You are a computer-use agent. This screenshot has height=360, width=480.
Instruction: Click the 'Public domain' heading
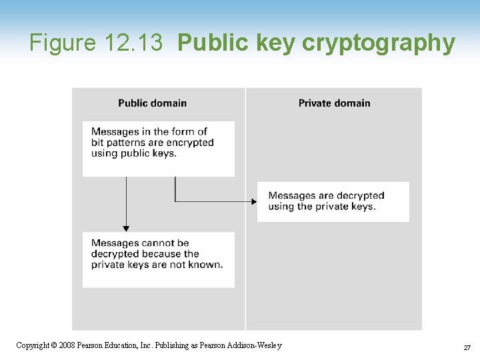click(152, 103)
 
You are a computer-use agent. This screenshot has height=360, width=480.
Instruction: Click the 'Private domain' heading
click(334, 103)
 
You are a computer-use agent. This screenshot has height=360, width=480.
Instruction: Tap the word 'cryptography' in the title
click(379, 43)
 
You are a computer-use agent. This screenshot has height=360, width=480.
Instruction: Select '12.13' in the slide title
click(133, 43)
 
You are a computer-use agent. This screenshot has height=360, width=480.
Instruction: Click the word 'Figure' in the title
click(63, 43)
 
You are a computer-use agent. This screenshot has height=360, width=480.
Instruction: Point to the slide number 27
click(466, 347)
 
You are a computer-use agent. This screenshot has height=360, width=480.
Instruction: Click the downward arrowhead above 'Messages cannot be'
click(126, 229)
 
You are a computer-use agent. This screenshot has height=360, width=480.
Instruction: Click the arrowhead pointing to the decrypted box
click(254, 201)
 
